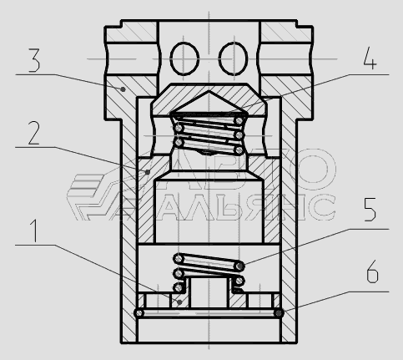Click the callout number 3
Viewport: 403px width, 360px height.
34,60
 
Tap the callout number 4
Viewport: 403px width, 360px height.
370,58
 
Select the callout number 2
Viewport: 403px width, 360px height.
34,133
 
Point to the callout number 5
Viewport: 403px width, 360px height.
370,210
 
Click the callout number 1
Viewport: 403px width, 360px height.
34,231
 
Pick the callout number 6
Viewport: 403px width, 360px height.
372,271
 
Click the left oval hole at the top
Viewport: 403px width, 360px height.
184,58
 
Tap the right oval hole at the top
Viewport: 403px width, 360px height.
233,58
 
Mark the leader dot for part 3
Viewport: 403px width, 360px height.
123,89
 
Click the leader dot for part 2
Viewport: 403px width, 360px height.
148,172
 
